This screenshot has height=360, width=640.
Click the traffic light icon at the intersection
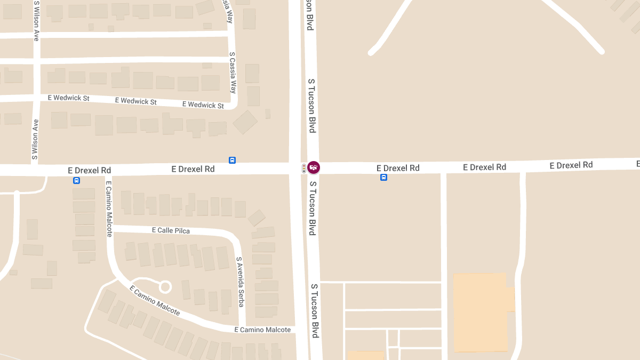pos(304,168)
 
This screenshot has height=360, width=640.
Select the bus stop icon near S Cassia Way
pos(232,160)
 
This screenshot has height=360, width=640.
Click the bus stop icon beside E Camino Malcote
pos(77,180)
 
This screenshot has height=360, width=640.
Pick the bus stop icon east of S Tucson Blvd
pos(383,177)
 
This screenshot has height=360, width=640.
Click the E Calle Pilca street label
pos(171,230)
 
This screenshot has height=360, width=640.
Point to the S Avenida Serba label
pos(240,282)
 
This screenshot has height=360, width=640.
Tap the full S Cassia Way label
pos(232,72)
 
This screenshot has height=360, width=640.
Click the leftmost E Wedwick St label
pos(68,98)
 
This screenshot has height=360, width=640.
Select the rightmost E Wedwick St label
pos(203,105)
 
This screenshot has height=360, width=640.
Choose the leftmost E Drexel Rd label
pos(90,170)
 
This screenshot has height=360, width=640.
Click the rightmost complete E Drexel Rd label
pos(571,165)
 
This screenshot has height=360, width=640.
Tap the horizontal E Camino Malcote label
pos(263,330)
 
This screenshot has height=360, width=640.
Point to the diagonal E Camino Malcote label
pos(155,300)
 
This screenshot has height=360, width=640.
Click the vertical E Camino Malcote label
pos(109,209)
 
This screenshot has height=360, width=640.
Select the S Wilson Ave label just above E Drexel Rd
pos(35,139)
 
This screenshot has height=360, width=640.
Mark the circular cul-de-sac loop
pos(165,287)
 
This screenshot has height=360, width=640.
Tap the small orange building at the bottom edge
pos(365,355)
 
